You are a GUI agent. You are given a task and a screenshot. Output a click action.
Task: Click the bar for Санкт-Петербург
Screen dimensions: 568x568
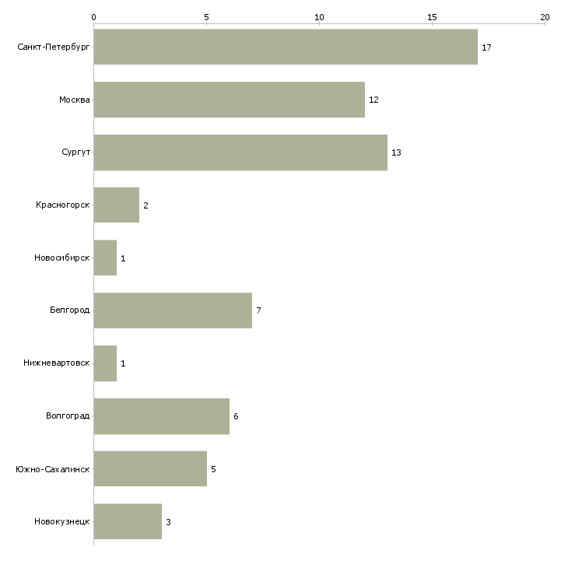coord(286,47)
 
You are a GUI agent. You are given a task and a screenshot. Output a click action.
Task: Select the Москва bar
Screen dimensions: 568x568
coord(230,100)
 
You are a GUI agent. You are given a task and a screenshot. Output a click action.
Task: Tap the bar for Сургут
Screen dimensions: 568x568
coord(240,153)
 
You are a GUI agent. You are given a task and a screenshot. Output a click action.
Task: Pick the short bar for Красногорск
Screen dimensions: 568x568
coord(117,205)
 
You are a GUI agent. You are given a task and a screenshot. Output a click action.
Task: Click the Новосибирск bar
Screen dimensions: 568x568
coord(105,258)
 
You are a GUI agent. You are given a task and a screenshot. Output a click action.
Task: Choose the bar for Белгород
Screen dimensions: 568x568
coord(174,310)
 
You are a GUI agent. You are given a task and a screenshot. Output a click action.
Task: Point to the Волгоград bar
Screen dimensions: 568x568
coord(162,416)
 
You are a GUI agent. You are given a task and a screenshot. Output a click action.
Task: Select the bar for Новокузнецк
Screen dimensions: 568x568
coord(128,521)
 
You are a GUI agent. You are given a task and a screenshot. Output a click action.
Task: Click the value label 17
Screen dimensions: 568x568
coord(486,47)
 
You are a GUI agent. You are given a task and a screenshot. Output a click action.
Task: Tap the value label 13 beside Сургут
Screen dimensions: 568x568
coord(396,153)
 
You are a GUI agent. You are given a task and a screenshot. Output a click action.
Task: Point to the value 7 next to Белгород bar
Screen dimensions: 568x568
coord(258,310)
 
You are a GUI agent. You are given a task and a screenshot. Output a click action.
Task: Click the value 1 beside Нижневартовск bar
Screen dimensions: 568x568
coord(123,363)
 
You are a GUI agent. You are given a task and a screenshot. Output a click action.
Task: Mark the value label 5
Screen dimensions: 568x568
coord(213,469)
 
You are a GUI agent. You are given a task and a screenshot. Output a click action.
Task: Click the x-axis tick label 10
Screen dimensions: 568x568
coord(319,17)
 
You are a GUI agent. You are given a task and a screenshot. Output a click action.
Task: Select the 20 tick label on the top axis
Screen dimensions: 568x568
coord(545,17)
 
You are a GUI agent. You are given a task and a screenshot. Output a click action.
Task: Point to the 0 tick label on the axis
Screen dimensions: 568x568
coord(94,17)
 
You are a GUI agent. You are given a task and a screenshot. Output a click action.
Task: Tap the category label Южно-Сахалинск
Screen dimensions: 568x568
coord(53,469)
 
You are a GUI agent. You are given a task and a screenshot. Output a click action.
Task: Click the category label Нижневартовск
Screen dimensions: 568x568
coord(57,363)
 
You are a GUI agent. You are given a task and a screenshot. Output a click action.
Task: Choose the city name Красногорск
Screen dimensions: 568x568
coord(63,205)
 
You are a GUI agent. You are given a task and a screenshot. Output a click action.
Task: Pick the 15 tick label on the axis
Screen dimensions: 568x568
coord(432,17)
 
